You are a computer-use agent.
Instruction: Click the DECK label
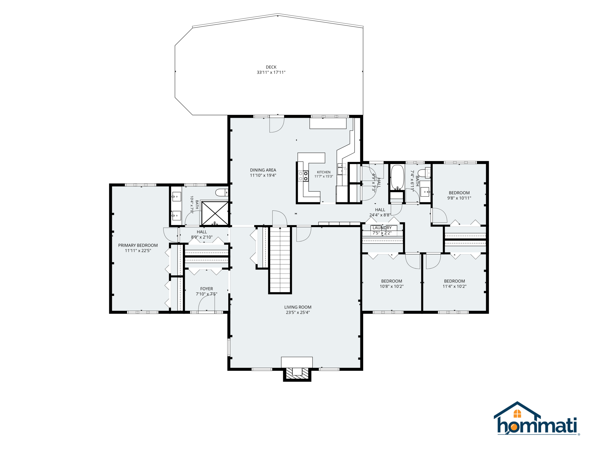click(x=271, y=67)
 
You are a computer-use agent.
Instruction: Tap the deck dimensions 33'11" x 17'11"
click(x=271, y=73)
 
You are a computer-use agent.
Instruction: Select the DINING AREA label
click(x=263, y=170)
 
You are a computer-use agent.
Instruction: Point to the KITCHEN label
click(x=324, y=172)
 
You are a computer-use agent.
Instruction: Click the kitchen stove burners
click(x=303, y=176)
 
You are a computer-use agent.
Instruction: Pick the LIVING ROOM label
click(x=298, y=307)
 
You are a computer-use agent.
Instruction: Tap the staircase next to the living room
click(x=280, y=260)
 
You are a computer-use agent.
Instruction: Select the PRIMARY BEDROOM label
click(x=138, y=245)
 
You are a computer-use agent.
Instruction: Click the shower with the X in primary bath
click(x=215, y=213)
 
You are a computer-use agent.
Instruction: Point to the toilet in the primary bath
click(x=222, y=192)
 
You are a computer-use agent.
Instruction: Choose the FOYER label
click(x=207, y=289)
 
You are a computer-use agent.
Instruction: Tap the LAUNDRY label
click(x=382, y=228)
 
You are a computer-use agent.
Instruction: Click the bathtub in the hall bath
click(x=397, y=177)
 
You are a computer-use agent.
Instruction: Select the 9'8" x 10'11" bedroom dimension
click(x=459, y=198)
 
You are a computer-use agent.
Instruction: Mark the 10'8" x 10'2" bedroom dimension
click(x=392, y=286)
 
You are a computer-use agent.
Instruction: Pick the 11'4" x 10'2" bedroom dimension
click(x=455, y=286)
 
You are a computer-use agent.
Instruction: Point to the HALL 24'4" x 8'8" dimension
click(x=380, y=215)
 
